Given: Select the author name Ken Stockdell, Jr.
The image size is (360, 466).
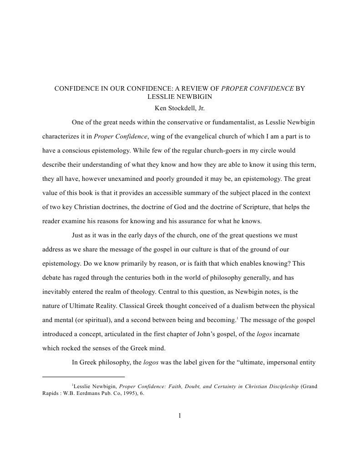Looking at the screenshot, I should click(180, 108).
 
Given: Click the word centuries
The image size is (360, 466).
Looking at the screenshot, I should click(157, 277).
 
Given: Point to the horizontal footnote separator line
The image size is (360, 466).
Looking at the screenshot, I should click(83, 377).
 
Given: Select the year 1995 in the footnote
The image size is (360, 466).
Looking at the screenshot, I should click(126, 394).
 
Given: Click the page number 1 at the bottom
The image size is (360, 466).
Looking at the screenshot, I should click(180, 415).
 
